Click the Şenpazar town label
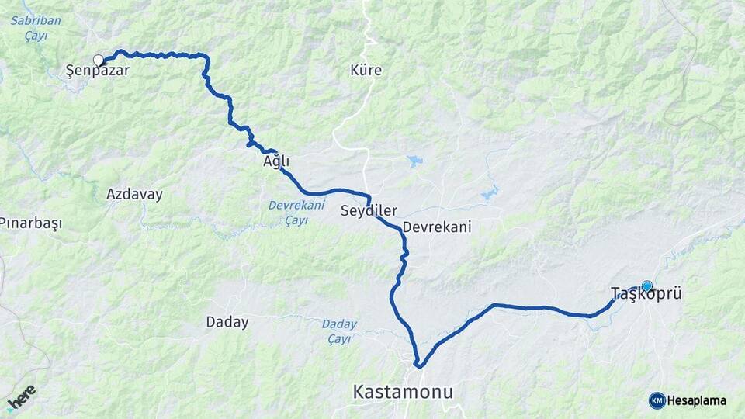[97, 71]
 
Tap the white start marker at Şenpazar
[99, 60]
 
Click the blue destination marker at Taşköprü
[646, 286]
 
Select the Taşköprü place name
[646, 294]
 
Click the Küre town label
[366, 71]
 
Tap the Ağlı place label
[276, 162]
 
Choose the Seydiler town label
[369, 211]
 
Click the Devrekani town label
[437, 227]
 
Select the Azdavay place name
[134, 194]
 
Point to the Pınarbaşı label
[30, 223]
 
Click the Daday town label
[227, 321]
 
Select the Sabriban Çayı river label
[36, 29]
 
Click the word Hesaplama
[697, 400]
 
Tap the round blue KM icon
[657, 400]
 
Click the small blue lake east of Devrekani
[490, 192]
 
